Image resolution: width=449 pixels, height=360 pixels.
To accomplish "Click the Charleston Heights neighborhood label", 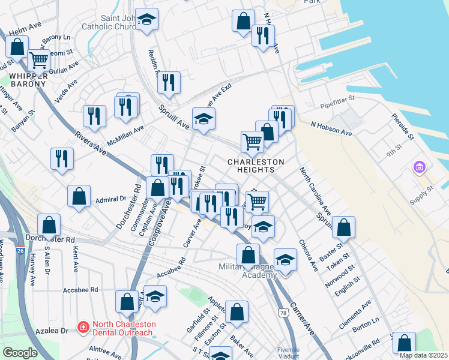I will click(256, 166).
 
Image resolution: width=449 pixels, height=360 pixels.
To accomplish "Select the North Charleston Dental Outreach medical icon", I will click(83, 328).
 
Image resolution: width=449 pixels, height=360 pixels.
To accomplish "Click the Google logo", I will click(20, 353).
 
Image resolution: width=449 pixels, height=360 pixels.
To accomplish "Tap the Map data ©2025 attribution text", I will click(423, 355).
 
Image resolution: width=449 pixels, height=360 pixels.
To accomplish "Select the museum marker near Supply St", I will click(419, 166).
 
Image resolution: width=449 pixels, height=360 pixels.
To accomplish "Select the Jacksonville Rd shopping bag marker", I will click(405, 343).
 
